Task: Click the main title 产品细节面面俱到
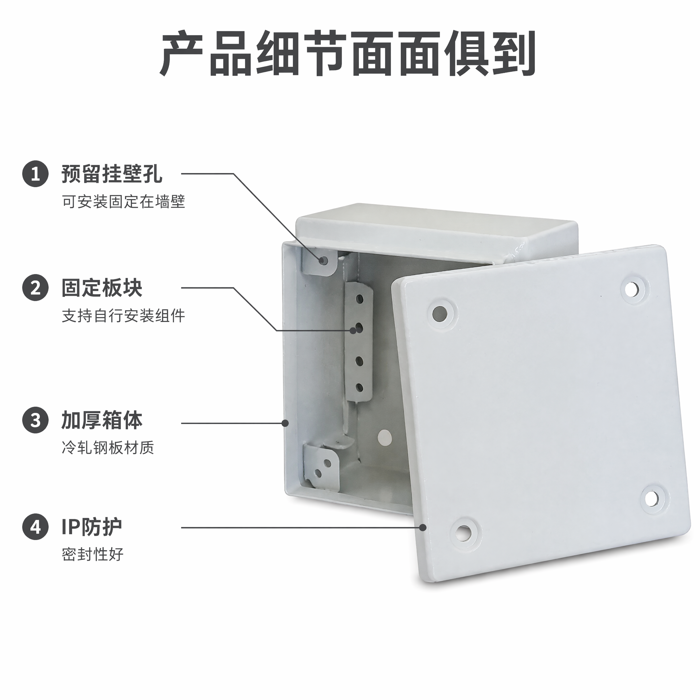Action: coord(348,54)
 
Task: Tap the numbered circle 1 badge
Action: coord(35,174)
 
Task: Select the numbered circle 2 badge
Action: coord(35,288)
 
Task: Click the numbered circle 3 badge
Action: coord(35,420)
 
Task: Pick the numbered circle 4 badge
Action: coord(35,527)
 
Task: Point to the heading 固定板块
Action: coord(102,288)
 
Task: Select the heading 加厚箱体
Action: coord(102,420)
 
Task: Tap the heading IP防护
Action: coord(92,527)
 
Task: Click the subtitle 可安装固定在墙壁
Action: coord(123,202)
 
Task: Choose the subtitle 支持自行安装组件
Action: coord(123,315)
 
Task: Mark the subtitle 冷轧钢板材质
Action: coord(108,448)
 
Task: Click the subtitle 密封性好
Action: coord(92,554)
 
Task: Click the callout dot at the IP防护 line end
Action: coord(422,527)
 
